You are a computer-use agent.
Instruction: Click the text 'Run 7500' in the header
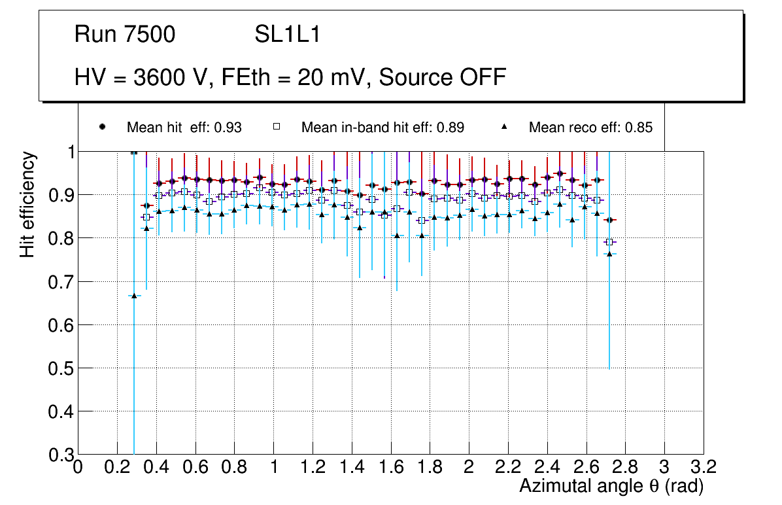pyautogui.click(x=125, y=35)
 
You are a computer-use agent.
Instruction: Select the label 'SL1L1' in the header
pyautogui.click(x=287, y=35)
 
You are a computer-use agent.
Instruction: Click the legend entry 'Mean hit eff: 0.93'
pyautogui.click(x=184, y=128)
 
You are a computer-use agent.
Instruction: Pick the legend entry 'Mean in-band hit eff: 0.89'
pyautogui.click(x=382, y=128)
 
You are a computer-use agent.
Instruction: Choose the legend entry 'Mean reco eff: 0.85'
pyautogui.click(x=590, y=128)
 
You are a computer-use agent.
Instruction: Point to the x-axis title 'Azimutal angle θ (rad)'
pyautogui.click(x=612, y=486)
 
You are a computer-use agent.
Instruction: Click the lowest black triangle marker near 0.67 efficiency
pyautogui.click(x=134, y=296)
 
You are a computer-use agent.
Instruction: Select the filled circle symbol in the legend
pyautogui.click(x=103, y=127)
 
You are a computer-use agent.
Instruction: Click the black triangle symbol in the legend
pyautogui.click(x=505, y=127)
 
